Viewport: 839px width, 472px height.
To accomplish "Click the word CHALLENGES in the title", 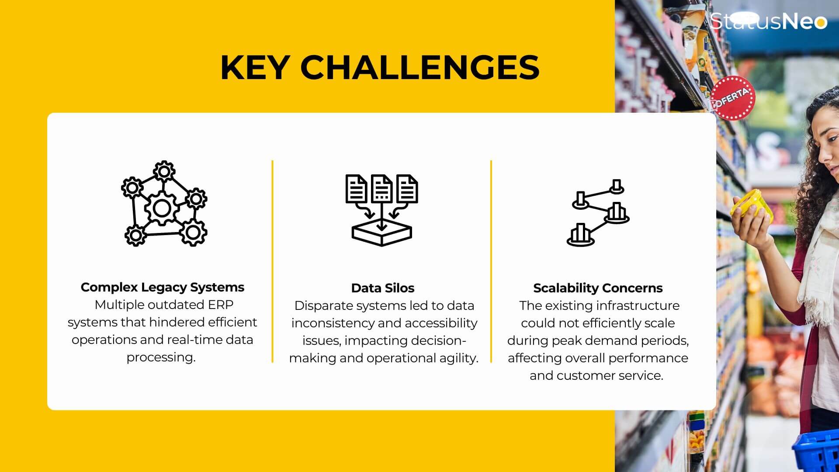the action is click(420, 67).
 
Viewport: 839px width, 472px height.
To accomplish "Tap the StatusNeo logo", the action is click(769, 21).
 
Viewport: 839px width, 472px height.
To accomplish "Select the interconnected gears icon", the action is click(164, 203).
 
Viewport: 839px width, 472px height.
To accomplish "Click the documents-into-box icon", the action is click(381, 210).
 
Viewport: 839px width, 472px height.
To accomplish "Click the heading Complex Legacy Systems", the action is click(163, 287).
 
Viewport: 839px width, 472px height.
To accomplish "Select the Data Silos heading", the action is click(383, 288).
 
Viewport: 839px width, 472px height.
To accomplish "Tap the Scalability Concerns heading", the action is click(598, 288).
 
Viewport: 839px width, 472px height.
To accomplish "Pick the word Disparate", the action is click(323, 306).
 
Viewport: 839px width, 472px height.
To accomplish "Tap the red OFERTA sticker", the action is click(732, 98).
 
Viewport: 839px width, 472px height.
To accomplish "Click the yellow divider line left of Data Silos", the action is click(272, 261).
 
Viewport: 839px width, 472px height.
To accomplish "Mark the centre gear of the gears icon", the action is click(162, 208).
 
